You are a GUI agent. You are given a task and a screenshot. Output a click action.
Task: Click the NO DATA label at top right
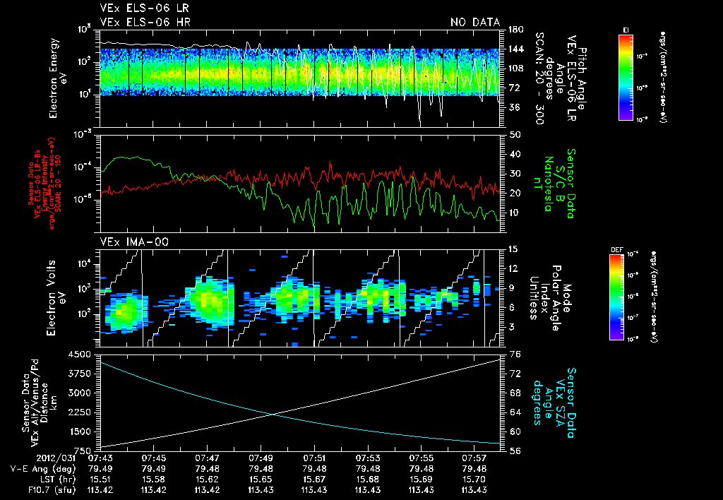coord(475,23)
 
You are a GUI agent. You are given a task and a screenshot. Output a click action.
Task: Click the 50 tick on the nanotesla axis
coord(514,134)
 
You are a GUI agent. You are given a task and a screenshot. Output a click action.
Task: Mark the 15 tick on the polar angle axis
coord(513,249)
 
